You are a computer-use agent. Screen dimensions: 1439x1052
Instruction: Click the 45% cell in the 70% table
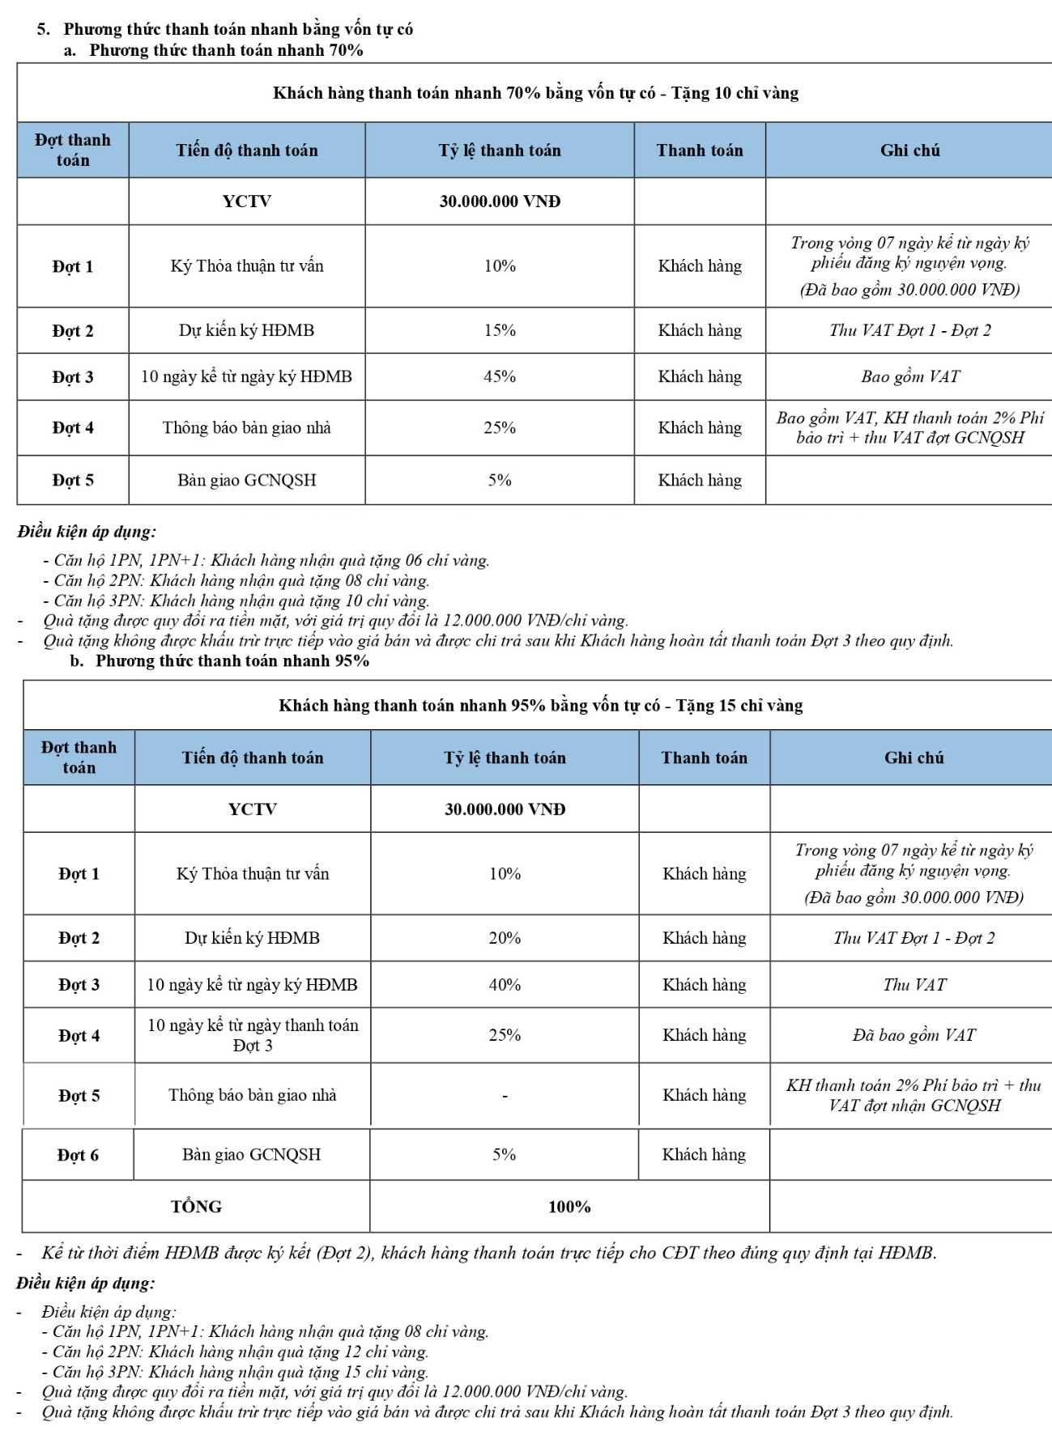pos(500,376)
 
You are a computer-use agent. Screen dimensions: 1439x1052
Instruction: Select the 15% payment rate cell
pos(500,330)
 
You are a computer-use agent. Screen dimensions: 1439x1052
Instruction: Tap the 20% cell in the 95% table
pos(505,938)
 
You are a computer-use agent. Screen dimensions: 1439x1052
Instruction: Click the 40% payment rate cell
pos(505,985)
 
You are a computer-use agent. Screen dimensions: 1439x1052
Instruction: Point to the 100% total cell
pos(569,1207)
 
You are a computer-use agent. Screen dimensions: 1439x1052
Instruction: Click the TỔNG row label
pos(196,1207)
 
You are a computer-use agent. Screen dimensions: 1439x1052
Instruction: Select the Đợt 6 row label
pos(78,1155)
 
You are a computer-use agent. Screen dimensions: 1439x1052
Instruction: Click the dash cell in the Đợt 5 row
pos(505,1096)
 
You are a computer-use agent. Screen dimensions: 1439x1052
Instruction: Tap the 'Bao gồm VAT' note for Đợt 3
pos(910,376)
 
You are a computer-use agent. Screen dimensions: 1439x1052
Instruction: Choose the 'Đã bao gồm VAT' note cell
pos(914,1035)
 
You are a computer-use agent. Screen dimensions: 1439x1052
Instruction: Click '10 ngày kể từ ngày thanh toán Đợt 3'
pos(253,1035)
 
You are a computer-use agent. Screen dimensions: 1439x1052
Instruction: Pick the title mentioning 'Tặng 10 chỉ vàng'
pos(535,93)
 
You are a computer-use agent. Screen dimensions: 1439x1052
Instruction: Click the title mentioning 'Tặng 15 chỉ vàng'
pos(540,706)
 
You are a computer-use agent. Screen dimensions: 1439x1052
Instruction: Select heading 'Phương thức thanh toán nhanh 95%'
pos(232,660)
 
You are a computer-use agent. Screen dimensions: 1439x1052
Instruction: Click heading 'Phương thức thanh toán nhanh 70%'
pos(226,50)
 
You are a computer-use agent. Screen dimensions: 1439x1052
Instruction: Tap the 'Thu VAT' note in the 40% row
pos(914,985)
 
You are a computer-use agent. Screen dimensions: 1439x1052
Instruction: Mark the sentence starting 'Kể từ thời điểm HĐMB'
pos(488,1253)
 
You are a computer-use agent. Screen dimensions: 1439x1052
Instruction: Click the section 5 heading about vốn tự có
pos(238,29)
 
